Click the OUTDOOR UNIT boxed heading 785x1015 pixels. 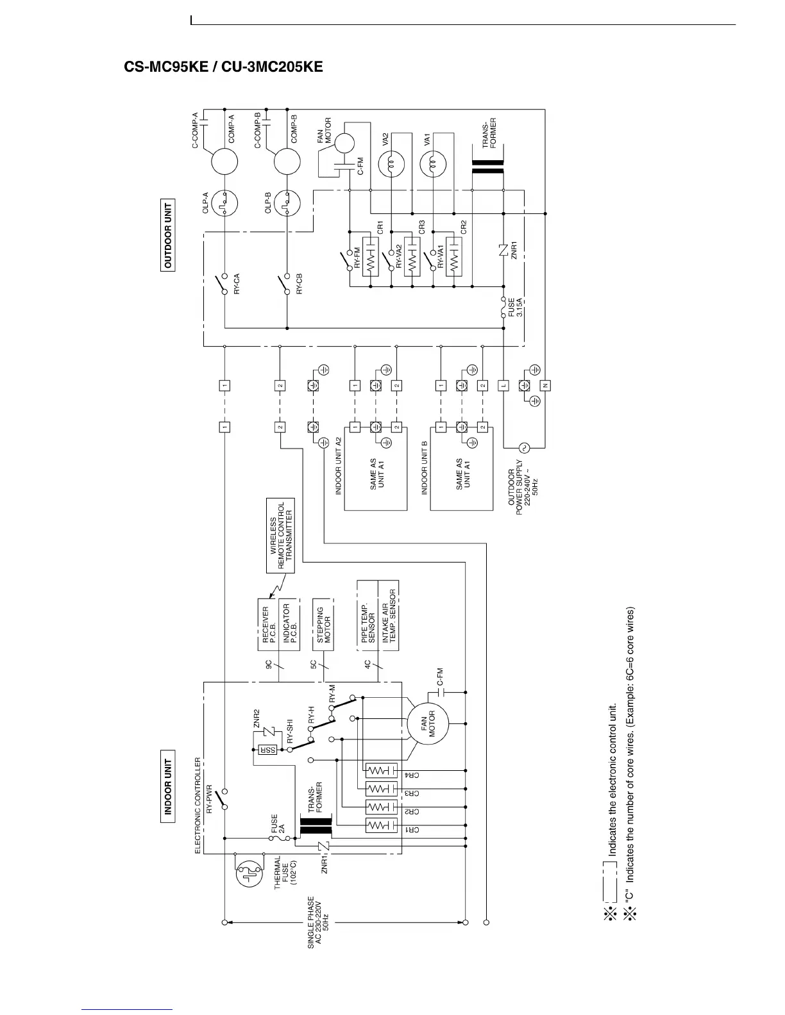tap(168, 235)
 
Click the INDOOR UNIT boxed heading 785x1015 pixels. tap(168, 785)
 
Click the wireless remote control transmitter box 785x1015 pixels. tap(281, 535)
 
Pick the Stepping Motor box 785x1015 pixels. tap(324, 625)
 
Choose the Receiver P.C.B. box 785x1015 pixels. tap(268, 625)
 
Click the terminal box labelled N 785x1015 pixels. tap(546, 385)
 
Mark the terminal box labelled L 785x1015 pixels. tap(504, 385)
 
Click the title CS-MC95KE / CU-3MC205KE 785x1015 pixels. tap(223, 67)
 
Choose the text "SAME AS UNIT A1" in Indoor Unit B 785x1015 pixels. tap(463, 474)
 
